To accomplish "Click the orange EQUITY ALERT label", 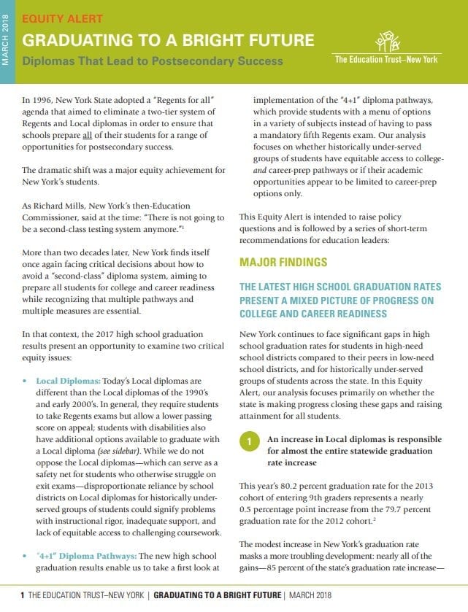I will coord(62,18).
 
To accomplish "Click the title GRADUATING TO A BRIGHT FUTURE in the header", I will coord(169,39).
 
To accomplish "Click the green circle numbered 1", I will coord(248,442).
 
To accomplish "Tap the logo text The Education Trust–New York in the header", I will coord(386,59).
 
